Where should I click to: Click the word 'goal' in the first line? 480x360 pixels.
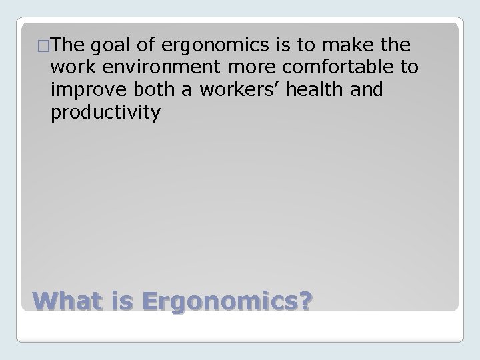click(108, 46)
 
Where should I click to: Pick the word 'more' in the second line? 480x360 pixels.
click(231, 67)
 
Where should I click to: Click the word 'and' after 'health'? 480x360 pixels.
click(368, 89)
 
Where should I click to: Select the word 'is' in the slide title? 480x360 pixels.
click(121, 302)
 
